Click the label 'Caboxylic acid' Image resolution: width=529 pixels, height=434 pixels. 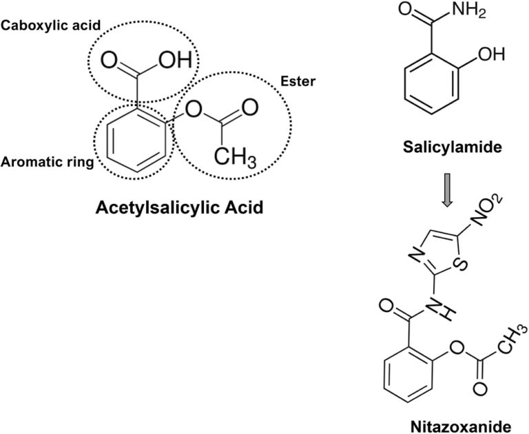point(51,25)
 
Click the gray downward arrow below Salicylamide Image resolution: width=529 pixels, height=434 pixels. point(447,195)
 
